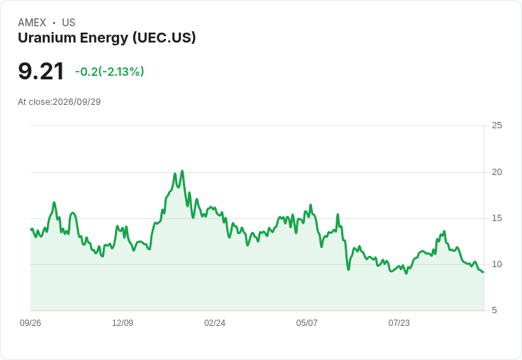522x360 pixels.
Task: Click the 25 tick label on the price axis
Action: pos(496,125)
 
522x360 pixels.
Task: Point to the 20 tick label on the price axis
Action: pos(496,172)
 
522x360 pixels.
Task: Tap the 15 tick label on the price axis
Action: pos(496,218)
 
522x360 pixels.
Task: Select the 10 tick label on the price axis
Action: pos(496,264)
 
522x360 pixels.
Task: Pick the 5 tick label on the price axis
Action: pos(494,310)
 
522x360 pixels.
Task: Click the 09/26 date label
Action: pos(30,322)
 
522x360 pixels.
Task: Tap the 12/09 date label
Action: pos(123,322)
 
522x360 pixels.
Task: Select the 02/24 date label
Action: pos(215,322)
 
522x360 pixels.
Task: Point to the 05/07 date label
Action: pos(306,322)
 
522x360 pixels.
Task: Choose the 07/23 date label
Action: pos(399,322)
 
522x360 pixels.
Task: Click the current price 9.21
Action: pos(40,71)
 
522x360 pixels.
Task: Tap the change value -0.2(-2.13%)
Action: pos(109,72)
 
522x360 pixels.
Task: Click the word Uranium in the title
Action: pos(47,38)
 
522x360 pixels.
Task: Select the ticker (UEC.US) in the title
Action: pos(164,38)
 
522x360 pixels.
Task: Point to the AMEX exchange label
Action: pos(32,23)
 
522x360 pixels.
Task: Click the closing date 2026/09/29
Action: pos(77,102)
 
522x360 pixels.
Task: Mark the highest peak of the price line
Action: pos(182,171)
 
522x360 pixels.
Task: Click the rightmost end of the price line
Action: pos(484,272)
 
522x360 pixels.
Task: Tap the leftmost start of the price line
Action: pos(31,229)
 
